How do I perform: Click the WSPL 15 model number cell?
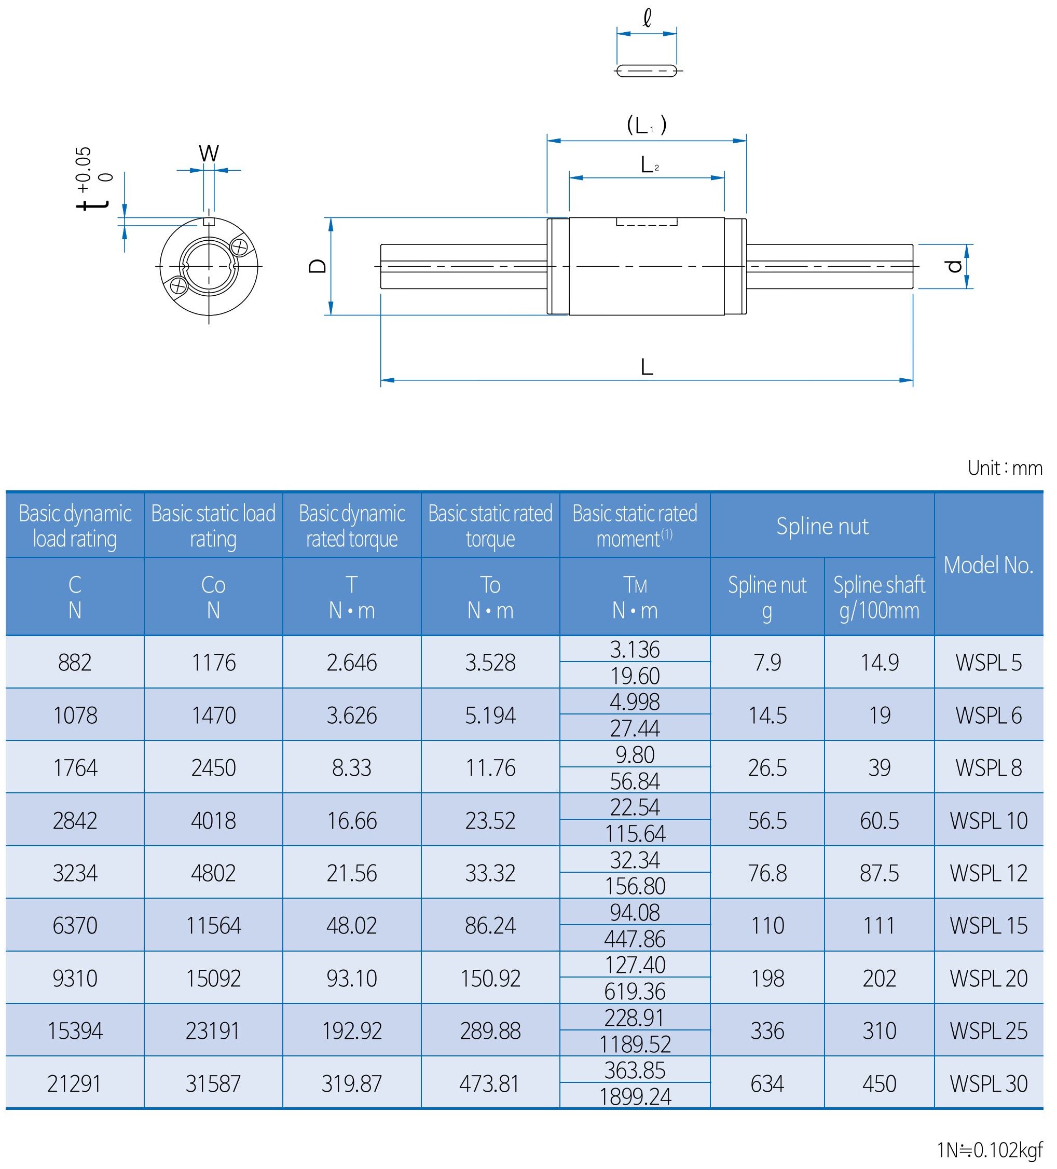pos(988,925)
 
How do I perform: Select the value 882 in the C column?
pos(75,662)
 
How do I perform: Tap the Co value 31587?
pos(213,1083)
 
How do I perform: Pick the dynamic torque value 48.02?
pos(351,925)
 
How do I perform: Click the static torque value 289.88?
pos(490,1030)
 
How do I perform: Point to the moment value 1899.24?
pos(635,1096)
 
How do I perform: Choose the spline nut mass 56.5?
pos(767,820)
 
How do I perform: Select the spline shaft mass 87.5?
pos(879,873)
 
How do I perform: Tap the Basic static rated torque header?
pos(490,526)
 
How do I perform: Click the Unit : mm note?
pos(1005,468)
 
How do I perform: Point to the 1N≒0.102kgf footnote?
pos(989,1149)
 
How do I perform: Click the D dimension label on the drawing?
pos(318,266)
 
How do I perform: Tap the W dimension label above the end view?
pos(209,154)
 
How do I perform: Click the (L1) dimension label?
pos(647,125)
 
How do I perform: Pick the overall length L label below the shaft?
pos(647,367)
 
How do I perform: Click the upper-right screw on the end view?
pos(239,246)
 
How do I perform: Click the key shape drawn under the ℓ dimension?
pos(647,71)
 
